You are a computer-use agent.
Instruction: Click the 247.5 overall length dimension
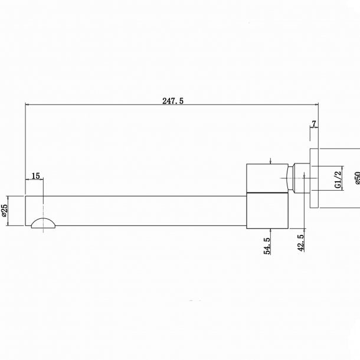(x=173, y=101)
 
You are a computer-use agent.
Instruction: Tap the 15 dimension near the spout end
(x=36, y=176)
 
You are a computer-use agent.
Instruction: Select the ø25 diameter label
(x=4, y=210)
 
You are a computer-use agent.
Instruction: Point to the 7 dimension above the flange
(x=314, y=124)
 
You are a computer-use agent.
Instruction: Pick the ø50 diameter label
(x=357, y=178)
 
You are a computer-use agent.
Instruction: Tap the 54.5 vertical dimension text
(x=267, y=246)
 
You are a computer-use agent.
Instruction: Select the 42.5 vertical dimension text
(x=301, y=243)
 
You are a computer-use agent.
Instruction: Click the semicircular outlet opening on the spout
(x=43, y=222)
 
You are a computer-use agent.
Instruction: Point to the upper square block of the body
(x=267, y=178)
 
